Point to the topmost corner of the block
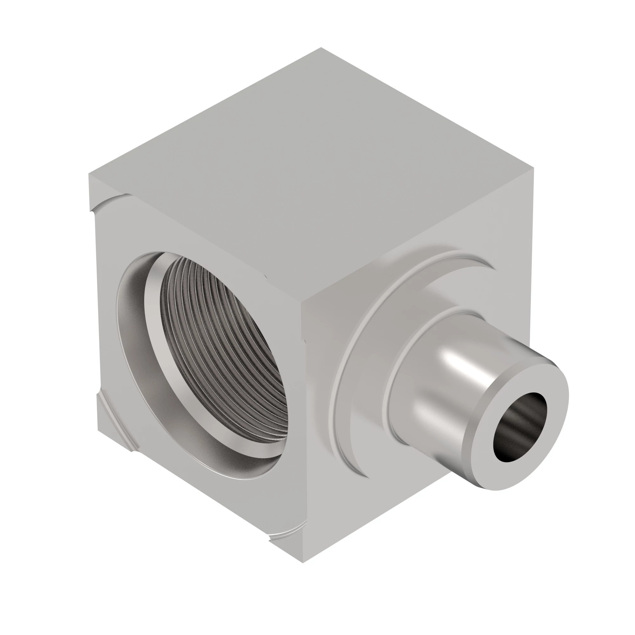coord(321,48)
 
